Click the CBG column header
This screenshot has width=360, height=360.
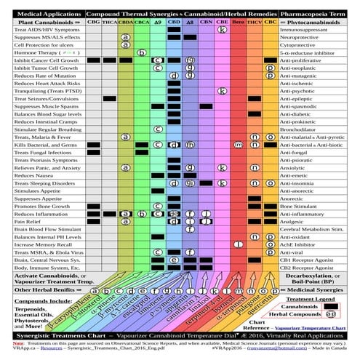point(93,23)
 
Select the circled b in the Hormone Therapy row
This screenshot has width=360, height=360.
point(142,53)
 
